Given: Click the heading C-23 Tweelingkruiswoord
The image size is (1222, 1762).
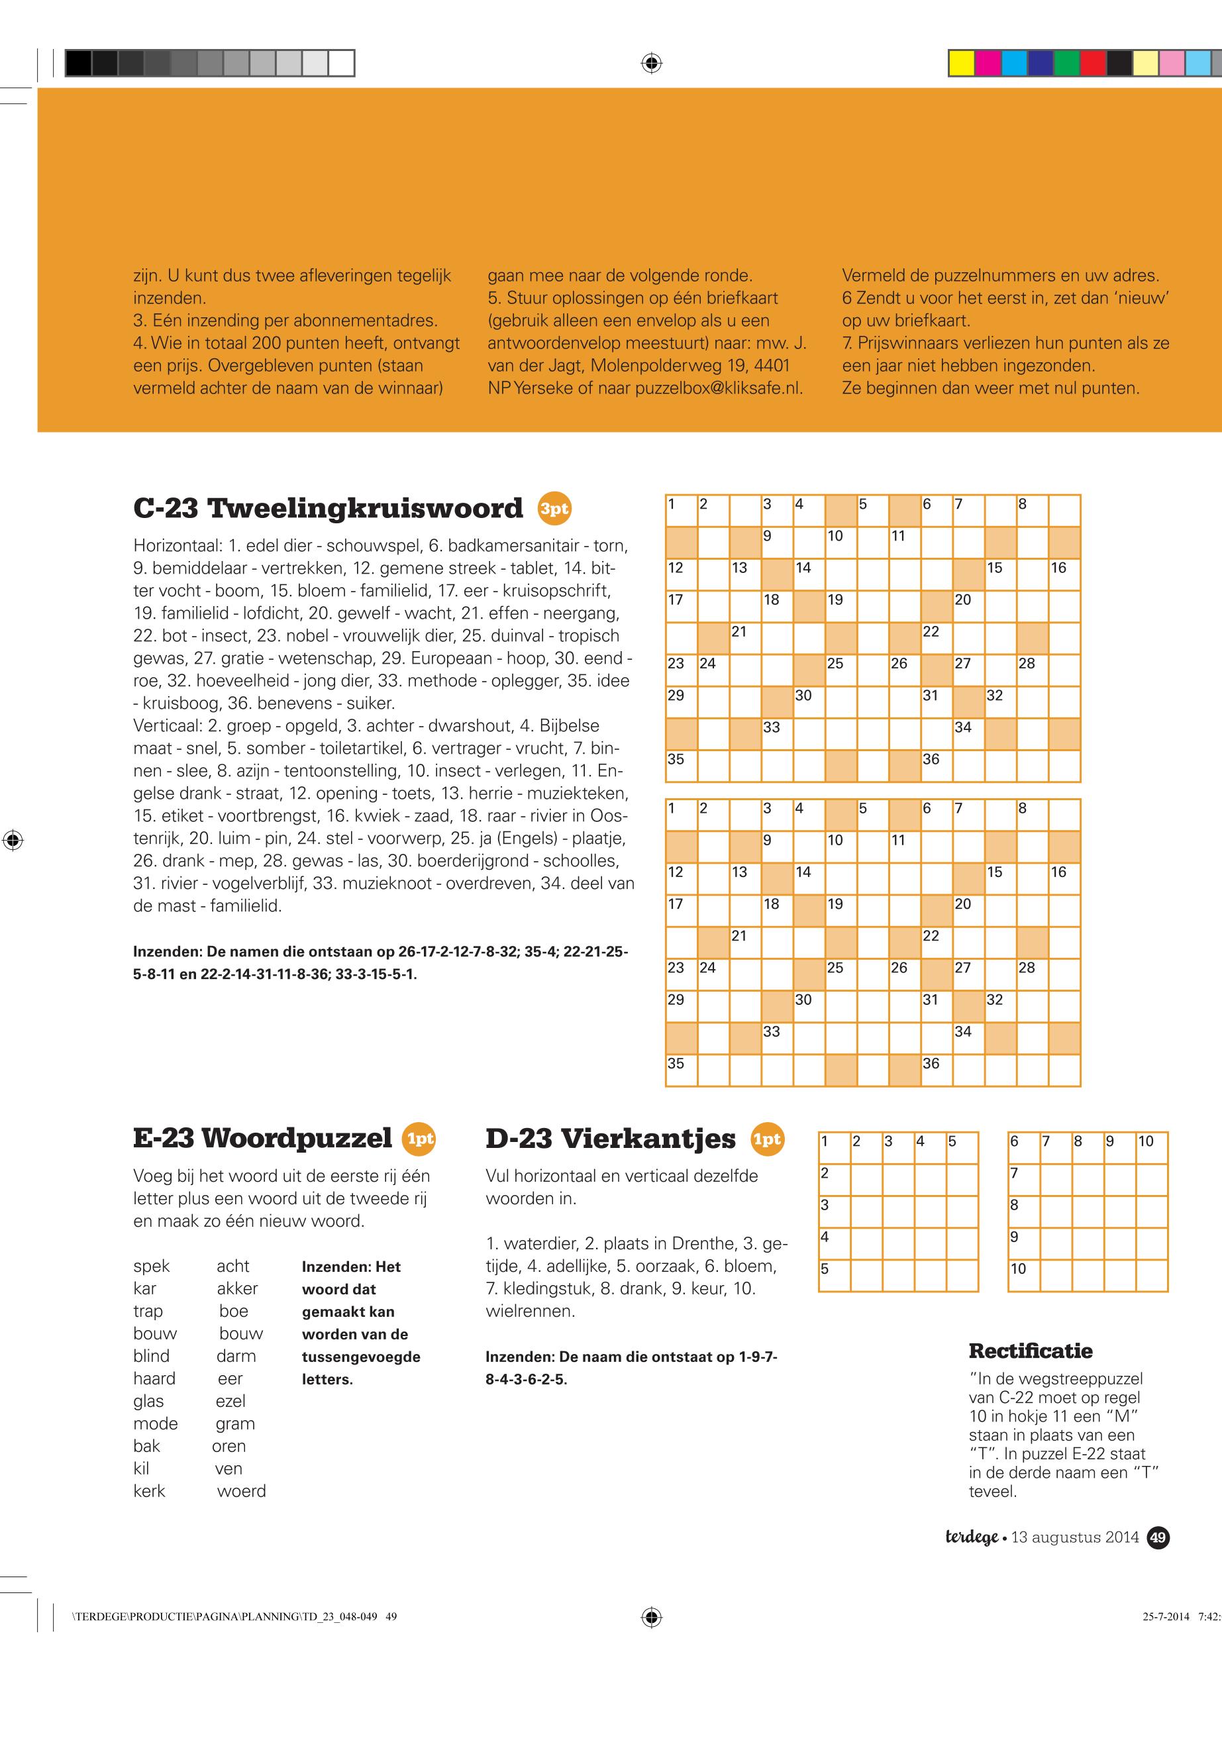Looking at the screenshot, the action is click(328, 509).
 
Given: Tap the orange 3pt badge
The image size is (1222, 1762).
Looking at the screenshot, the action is click(554, 509).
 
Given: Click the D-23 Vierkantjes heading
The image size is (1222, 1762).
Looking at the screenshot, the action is click(610, 1138).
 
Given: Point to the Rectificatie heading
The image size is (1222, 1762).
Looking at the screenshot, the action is click(1030, 1351).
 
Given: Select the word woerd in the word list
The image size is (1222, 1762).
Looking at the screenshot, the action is click(241, 1491).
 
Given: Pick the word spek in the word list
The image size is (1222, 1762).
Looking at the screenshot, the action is click(152, 1267).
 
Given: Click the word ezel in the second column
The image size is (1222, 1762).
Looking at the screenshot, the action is click(230, 1402).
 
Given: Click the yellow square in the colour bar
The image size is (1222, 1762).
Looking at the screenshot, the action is click(961, 63).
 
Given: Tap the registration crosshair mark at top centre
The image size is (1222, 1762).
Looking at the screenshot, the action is click(651, 63).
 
